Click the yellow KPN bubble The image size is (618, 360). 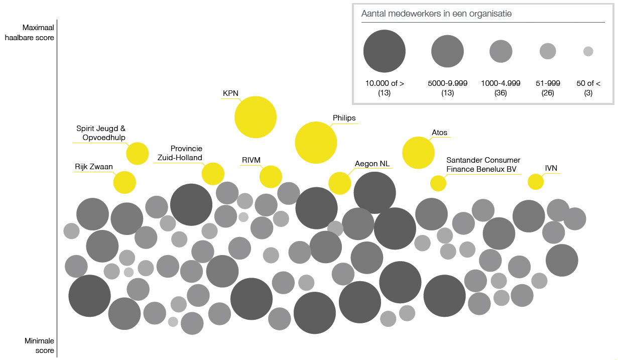click(x=256, y=117)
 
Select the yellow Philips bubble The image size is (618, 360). click(x=315, y=143)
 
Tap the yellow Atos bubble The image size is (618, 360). click(x=418, y=153)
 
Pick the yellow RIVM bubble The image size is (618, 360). click(x=271, y=176)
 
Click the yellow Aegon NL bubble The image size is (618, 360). click(x=340, y=183)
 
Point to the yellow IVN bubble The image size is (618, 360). click(x=536, y=181)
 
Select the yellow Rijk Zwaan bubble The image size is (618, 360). click(x=125, y=182)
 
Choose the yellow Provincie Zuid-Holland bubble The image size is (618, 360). click(x=213, y=174)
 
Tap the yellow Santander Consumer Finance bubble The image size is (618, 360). click(x=438, y=183)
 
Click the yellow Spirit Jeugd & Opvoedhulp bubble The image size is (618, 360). click(x=138, y=154)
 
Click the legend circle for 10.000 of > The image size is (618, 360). click(x=385, y=51)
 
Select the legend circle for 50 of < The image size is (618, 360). click(x=588, y=51)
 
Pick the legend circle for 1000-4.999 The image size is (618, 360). click(x=501, y=51)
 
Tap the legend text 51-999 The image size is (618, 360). click(x=547, y=83)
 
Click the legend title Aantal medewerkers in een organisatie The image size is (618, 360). click(x=436, y=14)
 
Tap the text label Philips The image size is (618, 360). click(x=344, y=118)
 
